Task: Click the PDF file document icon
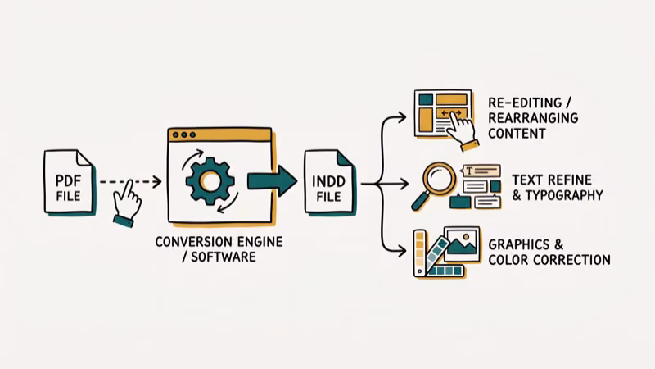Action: (69, 183)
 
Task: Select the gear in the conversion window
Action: (210, 180)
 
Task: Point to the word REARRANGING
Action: (532, 117)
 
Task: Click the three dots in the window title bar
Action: (183, 134)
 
